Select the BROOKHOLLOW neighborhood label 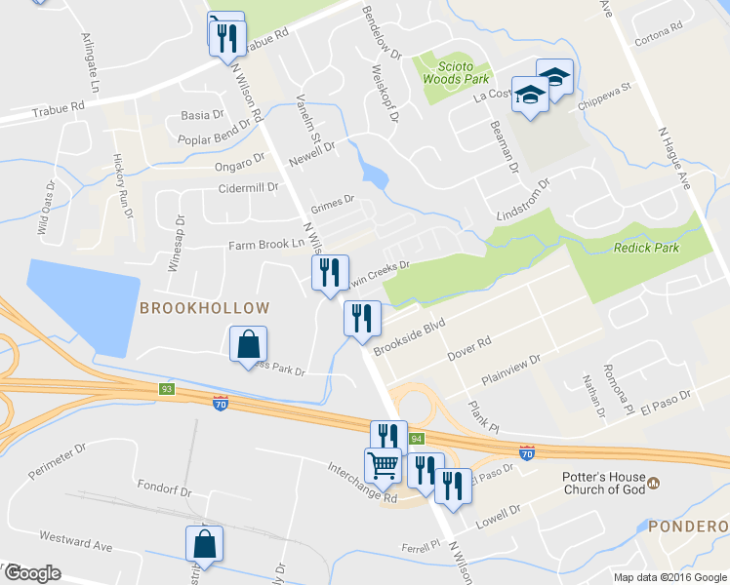pos(204,308)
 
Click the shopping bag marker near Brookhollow pos(249,344)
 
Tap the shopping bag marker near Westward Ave pos(205,544)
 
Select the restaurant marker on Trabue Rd pos(226,36)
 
